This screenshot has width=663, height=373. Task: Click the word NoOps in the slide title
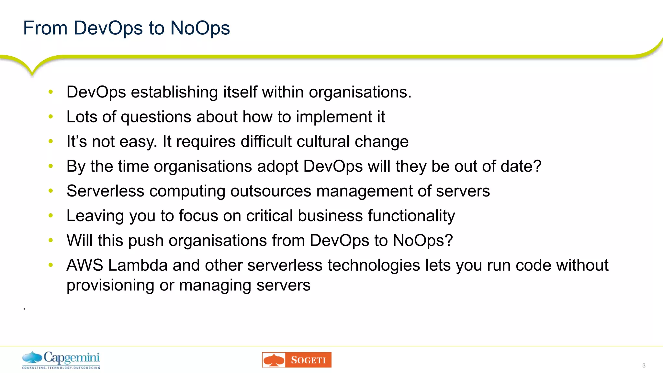tap(200, 28)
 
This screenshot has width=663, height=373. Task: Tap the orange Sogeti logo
tap(297, 360)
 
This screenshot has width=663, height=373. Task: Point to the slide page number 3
tap(644, 366)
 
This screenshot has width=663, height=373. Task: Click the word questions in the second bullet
tap(156, 117)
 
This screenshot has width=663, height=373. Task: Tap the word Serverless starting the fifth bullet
tap(105, 191)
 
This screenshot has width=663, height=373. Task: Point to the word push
tap(146, 241)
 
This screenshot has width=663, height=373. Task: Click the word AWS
tap(85, 265)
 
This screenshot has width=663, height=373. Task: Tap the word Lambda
tap(138, 265)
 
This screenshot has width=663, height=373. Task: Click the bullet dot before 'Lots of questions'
tap(51, 117)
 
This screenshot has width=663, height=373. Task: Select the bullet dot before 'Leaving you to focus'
tap(51, 215)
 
